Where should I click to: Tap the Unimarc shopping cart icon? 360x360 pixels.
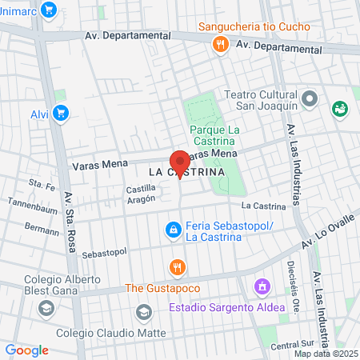[x=49, y=10]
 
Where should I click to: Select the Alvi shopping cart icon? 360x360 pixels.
[x=61, y=113]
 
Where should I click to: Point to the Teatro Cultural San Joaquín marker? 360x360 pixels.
[x=313, y=101]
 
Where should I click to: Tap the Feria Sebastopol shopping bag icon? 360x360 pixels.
[x=171, y=230]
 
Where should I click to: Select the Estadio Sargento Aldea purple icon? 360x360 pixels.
[x=261, y=286]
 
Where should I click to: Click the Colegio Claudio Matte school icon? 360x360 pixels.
[x=144, y=311]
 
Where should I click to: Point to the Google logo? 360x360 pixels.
[x=26, y=350]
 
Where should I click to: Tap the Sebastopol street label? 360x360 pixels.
[x=105, y=253]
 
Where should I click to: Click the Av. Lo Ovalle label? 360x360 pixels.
[x=327, y=235]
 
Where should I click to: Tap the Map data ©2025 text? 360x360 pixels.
[x=325, y=354]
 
